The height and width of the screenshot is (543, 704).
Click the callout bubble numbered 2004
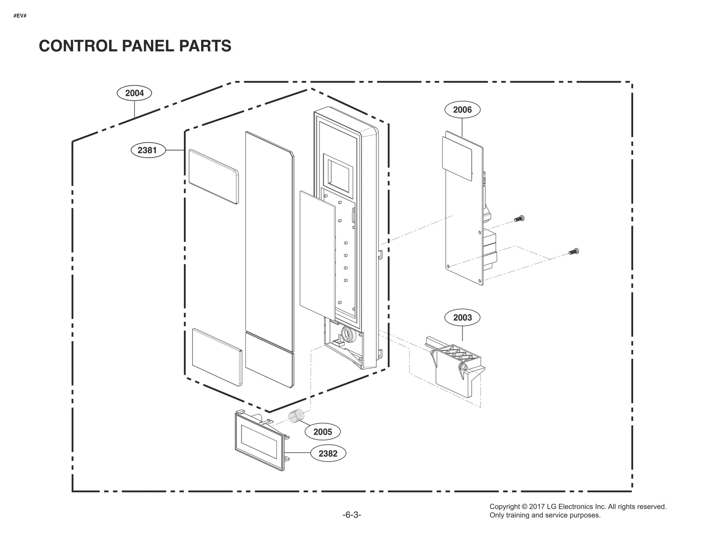pyautogui.click(x=134, y=93)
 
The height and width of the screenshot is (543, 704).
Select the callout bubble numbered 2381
pyautogui.click(x=147, y=150)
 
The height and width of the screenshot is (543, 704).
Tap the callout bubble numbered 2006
pyautogui.click(x=462, y=110)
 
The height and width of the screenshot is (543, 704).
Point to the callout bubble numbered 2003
pyautogui.click(x=462, y=317)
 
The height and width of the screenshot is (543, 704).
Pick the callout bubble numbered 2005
pyautogui.click(x=322, y=432)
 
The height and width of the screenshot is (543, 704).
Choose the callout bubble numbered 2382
pyautogui.click(x=328, y=453)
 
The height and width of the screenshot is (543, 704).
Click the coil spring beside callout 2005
pyautogui.click(x=296, y=416)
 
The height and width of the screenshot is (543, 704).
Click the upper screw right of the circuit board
pyautogui.click(x=520, y=218)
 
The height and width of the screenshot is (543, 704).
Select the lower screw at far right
pyautogui.click(x=574, y=252)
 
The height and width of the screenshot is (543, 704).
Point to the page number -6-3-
pyautogui.click(x=352, y=515)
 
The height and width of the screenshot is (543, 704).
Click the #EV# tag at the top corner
pyautogui.click(x=20, y=16)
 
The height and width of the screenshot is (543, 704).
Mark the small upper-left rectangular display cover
pyautogui.click(x=213, y=176)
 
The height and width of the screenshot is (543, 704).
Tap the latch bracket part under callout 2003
pyautogui.click(x=455, y=367)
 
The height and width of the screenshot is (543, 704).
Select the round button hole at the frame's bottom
pyautogui.click(x=347, y=334)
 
